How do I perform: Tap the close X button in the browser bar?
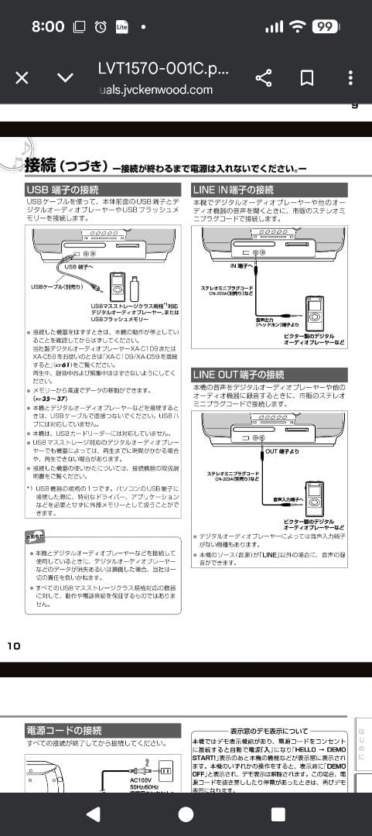coord(22,78)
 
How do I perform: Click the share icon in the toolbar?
coord(264,78)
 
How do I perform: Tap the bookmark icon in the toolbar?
coord(307,78)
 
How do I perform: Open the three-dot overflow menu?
coord(350,78)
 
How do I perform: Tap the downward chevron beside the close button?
coord(66,78)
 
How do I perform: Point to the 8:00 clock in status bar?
coord(48,26)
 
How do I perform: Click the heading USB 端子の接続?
coord(63,190)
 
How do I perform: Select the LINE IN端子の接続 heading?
coord(233,190)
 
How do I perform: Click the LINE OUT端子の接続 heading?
coord(238,375)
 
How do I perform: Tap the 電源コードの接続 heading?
coord(64,730)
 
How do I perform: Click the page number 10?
coord(14,646)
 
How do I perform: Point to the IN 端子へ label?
coord(242,266)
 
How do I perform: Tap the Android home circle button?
coord(186,814)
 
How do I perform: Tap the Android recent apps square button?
coord(278,814)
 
